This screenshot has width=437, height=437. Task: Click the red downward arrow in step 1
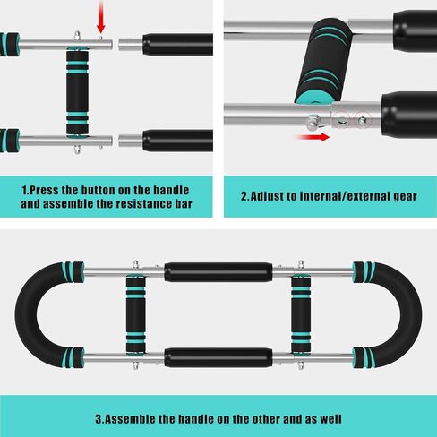(101, 16)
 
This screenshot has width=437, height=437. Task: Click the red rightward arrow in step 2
(312, 137)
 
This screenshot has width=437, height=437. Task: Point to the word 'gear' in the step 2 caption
(405, 197)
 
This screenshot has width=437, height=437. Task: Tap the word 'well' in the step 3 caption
(331, 419)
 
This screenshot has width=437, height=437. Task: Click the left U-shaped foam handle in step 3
(26, 315)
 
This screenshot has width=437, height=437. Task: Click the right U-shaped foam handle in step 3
(411, 315)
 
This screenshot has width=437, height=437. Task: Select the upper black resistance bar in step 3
(218, 272)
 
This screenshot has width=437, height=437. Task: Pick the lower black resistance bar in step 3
(218, 357)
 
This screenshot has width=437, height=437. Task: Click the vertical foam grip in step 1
(77, 92)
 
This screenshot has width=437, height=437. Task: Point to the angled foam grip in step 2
(323, 61)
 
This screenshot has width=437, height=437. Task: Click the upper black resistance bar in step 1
(177, 45)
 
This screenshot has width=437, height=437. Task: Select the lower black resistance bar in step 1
(177, 141)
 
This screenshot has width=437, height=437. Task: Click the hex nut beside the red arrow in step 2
(314, 122)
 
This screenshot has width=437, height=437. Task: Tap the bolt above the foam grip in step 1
(77, 36)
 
